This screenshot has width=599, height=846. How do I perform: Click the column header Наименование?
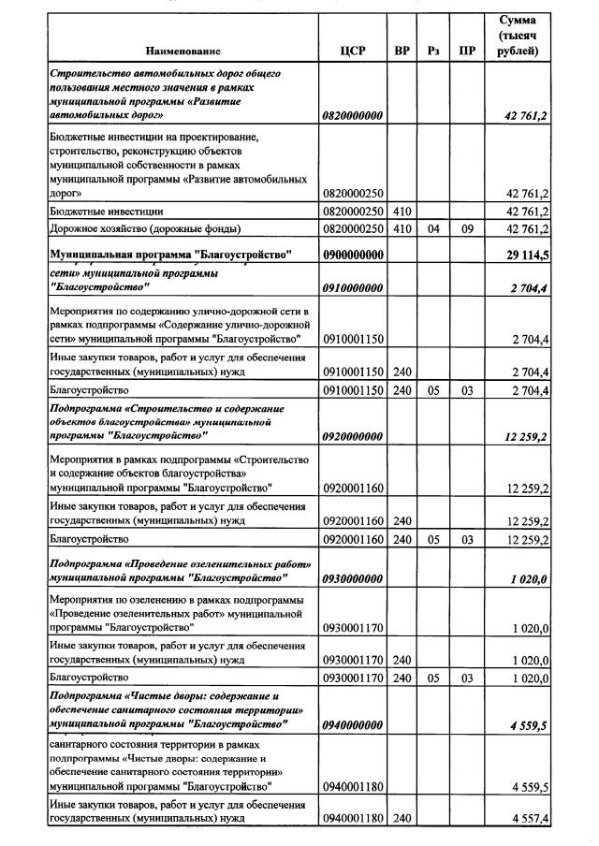(x=183, y=51)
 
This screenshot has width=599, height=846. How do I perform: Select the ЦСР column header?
(x=353, y=51)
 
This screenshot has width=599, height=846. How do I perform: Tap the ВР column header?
(x=402, y=51)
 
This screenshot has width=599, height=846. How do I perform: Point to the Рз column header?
(x=432, y=51)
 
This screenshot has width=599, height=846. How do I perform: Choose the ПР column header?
(x=466, y=51)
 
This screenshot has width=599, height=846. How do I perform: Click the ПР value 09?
(x=466, y=228)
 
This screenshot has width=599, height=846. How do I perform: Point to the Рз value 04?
(x=432, y=228)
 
